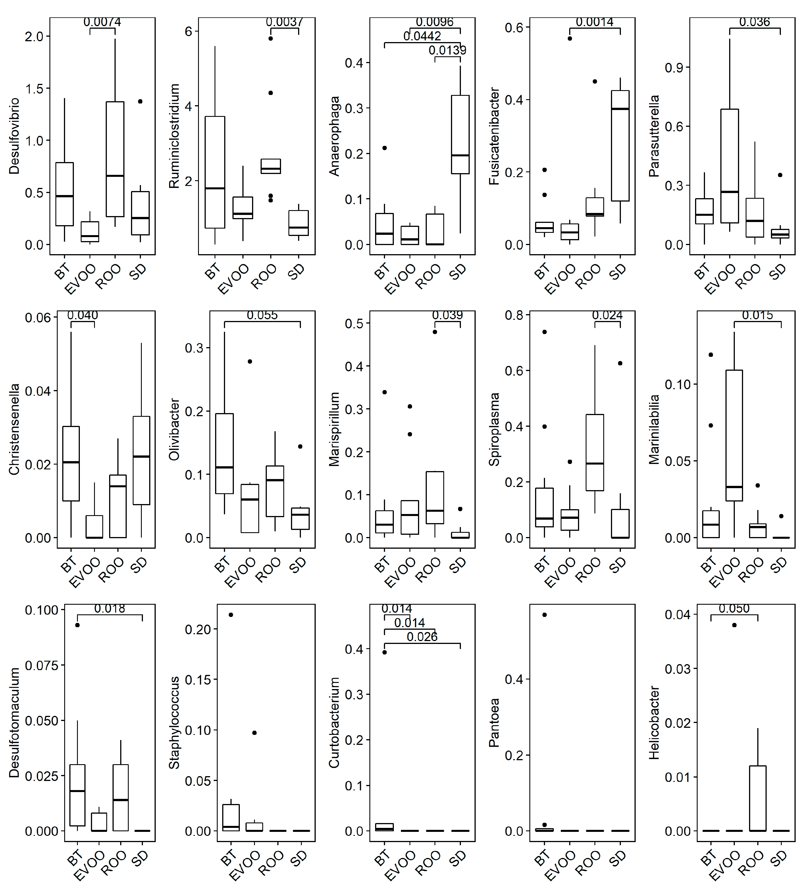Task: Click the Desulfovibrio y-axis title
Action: point(14,136)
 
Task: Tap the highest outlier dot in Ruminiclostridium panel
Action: point(271,38)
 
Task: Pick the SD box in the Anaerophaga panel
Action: point(460,134)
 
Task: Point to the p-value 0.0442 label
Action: point(422,36)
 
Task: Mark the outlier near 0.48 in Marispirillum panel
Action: point(435,332)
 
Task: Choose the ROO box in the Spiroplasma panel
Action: point(595,452)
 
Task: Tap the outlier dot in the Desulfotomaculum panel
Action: point(78,625)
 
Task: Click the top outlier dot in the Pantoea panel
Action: point(544,615)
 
